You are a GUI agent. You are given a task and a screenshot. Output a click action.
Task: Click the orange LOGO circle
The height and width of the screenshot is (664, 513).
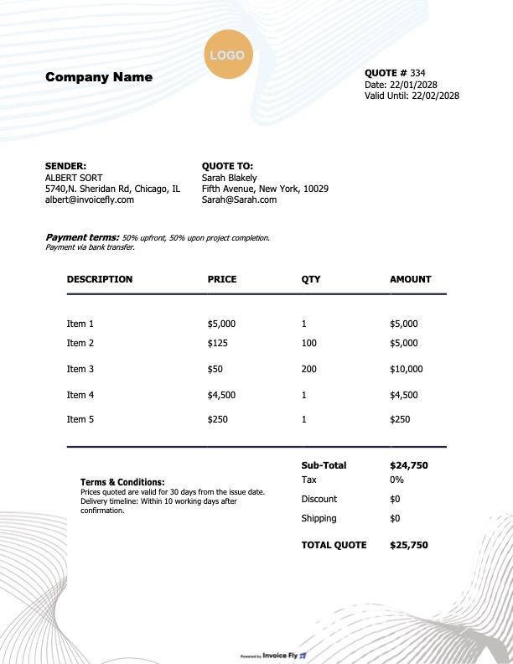(227, 55)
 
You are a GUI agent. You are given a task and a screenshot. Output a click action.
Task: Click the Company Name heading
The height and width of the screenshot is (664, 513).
(99, 77)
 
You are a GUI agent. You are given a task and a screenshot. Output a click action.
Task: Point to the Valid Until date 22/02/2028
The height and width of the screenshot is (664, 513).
(435, 96)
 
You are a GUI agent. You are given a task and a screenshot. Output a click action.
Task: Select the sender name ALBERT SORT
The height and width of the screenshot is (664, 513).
(74, 178)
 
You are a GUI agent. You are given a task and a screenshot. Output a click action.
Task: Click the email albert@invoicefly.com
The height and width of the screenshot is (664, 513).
(90, 200)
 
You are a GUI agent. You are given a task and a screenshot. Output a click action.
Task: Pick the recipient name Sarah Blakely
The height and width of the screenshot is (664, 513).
(230, 178)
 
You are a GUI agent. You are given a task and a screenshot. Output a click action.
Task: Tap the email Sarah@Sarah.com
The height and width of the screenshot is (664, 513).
(239, 200)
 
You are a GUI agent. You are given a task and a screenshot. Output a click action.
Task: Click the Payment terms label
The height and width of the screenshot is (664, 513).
(82, 237)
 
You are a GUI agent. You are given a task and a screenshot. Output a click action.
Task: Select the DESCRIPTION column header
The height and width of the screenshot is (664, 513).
(100, 279)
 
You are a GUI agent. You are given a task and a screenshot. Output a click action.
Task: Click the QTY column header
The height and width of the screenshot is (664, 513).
(310, 279)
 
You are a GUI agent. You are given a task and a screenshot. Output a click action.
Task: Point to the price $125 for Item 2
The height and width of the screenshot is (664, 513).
(218, 343)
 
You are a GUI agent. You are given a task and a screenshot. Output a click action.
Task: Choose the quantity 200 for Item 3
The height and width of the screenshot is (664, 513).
(309, 369)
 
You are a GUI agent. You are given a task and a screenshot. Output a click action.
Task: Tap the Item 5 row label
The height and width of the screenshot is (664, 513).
(80, 419)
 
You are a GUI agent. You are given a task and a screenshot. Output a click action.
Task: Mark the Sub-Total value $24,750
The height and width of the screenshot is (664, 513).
(409, 465)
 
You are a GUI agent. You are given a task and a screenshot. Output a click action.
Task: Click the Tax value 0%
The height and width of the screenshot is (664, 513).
(397, 480)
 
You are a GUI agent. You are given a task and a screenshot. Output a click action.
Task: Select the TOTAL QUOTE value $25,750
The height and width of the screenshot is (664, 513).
(409, 545)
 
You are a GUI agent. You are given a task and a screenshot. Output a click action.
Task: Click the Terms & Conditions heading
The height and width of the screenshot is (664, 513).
(122, 482)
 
